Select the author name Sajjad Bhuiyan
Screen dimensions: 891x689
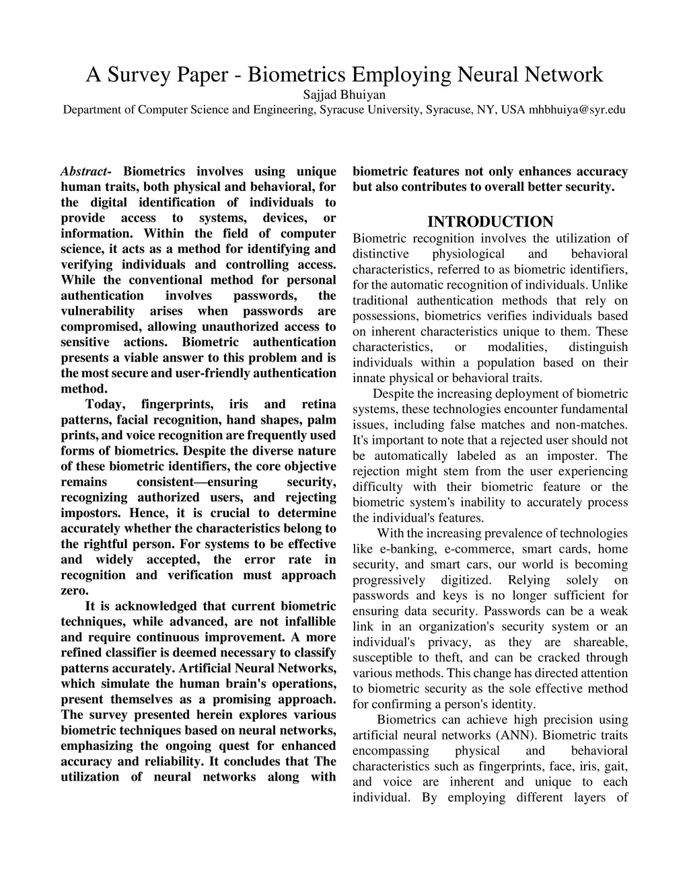click(x=344, y=95)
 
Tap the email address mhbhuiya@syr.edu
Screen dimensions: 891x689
click(x=577, y=110)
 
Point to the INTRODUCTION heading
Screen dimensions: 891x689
click(x=490, y=222)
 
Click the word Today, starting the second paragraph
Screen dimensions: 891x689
click(x=106, y=404)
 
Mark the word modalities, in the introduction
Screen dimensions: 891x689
click(x=517, y=347)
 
